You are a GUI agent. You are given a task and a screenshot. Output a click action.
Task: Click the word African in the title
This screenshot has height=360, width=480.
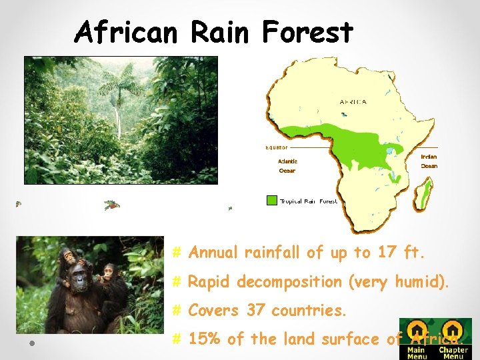(127, 32)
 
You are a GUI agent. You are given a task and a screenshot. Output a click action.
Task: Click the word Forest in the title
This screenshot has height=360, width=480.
(307, 32)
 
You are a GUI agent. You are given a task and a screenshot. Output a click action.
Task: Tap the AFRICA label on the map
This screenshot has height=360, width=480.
(353, 102)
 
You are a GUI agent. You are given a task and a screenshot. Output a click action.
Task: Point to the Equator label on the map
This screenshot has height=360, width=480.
(277, 147)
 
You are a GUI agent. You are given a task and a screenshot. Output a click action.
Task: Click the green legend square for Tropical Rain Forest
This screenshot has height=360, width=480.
(271, 200)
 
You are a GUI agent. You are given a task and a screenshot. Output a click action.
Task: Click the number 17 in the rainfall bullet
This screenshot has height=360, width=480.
(386, 253)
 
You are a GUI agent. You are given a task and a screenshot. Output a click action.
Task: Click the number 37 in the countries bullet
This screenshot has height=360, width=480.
(255, 311)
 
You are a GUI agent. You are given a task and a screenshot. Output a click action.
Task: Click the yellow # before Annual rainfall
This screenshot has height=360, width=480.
(177, 253)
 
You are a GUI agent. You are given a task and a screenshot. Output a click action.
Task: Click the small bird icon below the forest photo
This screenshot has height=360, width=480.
(112, 205)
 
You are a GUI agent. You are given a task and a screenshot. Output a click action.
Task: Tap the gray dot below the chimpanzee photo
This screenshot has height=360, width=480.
(31, 343)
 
